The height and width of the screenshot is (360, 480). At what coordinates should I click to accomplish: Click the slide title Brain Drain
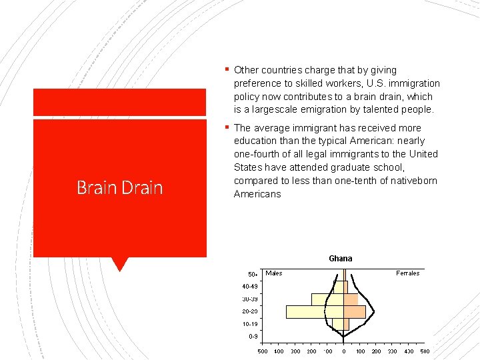119,188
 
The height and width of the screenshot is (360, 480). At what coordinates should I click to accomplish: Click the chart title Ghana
340,259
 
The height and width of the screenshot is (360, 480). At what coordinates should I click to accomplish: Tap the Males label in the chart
274,273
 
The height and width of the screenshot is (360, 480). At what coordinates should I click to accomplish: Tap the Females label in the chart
407,273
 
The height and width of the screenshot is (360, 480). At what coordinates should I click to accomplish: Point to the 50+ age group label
253,274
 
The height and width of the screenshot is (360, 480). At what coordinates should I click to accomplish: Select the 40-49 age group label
250,287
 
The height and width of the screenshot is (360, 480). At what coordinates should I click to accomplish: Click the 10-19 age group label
250,324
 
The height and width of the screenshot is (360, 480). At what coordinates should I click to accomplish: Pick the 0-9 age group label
253,337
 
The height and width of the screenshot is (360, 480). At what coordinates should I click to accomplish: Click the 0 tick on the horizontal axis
344,351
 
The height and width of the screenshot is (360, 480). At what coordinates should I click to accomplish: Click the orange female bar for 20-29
355,311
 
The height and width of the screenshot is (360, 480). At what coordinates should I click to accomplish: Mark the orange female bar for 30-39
351,299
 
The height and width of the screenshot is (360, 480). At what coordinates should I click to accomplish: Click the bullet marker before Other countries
227,70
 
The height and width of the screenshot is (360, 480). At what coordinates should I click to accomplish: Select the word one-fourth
256,154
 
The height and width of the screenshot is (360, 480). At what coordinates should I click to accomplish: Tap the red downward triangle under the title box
120,264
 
